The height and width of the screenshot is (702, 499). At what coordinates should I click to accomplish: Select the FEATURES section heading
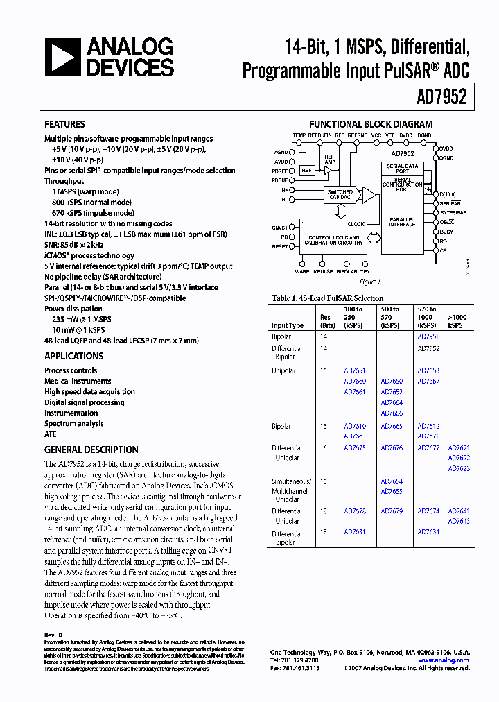tap(64, 125)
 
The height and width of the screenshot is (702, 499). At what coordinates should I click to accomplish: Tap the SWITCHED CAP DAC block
tap(340, 195)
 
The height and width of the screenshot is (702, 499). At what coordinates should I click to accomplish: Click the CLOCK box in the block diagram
tap(356, 224)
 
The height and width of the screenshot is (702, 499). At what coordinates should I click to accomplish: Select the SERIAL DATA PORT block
tap(402, 169)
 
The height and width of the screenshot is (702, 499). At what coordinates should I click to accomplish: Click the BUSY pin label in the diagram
tap(446, 231)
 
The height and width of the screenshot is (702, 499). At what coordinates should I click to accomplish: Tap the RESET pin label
tap(280, 247)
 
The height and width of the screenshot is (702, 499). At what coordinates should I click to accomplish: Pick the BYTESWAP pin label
tap(453, 212)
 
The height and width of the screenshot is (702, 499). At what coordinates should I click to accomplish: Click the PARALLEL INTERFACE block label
tap(401, 221)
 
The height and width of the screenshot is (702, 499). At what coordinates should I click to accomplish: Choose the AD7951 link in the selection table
tap(428, 336)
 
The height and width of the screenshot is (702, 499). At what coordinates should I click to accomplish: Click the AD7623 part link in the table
tap(459, 469)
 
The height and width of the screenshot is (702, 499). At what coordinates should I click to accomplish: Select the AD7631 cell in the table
tap(355, 532)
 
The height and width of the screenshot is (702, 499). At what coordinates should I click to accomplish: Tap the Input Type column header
tap(287, 325)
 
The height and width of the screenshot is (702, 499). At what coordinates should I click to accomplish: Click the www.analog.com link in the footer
tap(444, 660)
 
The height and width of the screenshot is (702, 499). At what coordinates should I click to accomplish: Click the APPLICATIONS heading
tap(73, 356)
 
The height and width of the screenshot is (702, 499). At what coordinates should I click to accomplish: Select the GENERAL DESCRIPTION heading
tap(91, 450)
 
